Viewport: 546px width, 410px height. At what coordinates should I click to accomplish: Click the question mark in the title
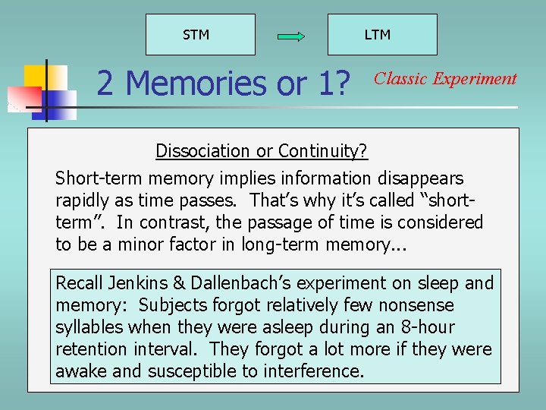[347, 84]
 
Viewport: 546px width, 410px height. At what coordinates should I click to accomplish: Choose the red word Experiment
[475, 79]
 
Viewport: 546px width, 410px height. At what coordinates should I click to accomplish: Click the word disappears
[419, 178]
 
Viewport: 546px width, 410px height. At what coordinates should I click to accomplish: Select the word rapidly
[85, 200]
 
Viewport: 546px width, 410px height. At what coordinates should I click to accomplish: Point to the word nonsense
[416, 305]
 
